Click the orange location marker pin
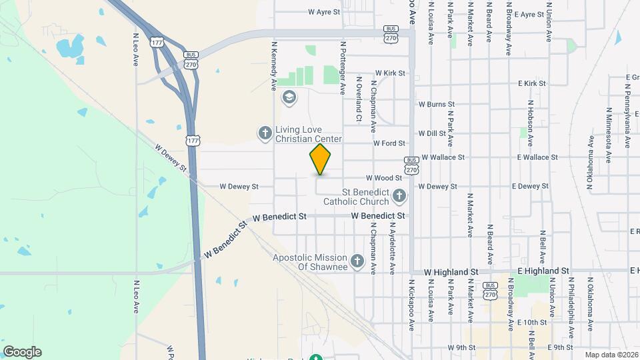point(321,159)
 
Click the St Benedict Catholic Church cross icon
point(399,195)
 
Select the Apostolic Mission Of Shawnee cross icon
point(357,261)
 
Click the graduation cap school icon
point(289,98)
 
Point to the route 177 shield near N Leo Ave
point(157,42)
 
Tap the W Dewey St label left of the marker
point(239,187)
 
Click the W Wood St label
point(383,178)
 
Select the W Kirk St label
point(390,73)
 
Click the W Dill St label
point(432,133)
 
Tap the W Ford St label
point(389,143)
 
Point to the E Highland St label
point(543,271)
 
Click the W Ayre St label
point(324,12)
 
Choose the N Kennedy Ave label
point(274,66)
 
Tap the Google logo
point(22,352)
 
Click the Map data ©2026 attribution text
point(611,355)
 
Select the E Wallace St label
point(537,157)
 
